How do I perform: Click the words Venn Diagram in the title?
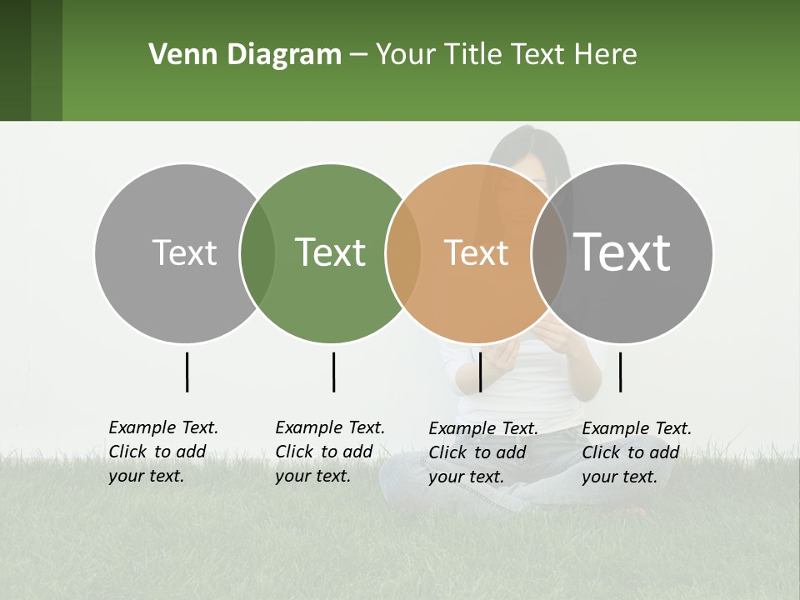[x=245, y=55]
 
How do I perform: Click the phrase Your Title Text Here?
[x=506, y=55]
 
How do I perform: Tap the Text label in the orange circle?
[x=476, y=253]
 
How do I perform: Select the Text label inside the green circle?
[x=330, y=252]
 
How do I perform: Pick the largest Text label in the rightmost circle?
[x=622, y=252]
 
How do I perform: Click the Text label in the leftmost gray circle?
[x=184, y=253]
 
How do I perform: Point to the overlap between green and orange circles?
[x=403, y=253]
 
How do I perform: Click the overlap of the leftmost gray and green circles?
[x=257, y=253]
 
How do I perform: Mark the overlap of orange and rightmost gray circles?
[x=549, y=253]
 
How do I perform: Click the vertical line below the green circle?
[x=333, y=372]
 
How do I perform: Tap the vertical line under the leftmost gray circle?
[x=187, y=372]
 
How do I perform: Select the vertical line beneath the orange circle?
[x=480, y=372]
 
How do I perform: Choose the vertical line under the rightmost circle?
[x=620, y=372]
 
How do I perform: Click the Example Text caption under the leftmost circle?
[x=162, y=452]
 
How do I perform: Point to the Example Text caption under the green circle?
[x=329, y=452]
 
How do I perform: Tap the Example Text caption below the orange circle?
[x=482, y=452]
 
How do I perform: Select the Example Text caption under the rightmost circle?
[x=636, y=452]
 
